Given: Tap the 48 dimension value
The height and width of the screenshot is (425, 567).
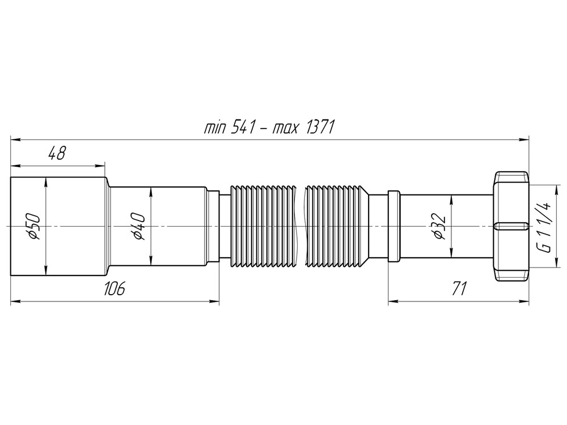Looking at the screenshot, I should (56, 153).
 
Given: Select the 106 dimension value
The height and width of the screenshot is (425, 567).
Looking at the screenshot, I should (114, 289).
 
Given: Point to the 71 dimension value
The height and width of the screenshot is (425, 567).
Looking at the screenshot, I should (458, 289).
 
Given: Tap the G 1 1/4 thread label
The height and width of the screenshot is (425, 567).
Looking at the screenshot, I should (543, 227).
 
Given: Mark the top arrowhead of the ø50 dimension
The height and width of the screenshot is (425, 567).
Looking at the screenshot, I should (45, 181).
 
